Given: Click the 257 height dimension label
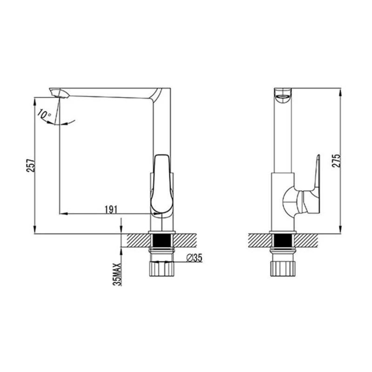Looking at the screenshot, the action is tap(31, 166).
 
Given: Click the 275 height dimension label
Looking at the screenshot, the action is tap(336, 161).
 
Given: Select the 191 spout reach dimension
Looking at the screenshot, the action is tap(111, 210).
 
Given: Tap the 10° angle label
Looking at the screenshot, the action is tap(44, 114).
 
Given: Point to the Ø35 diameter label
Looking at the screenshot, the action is tap(194, 258).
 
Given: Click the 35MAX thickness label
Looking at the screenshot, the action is tap(117, 274).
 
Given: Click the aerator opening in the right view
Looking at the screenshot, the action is tap(283, 97).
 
